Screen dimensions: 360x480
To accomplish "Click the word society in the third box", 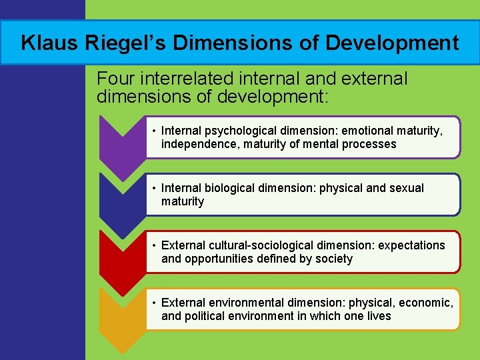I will pyautogui.click(x=333, y=259).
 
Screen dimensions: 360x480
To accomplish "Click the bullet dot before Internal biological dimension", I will pyautogui.click(x=153, y=189).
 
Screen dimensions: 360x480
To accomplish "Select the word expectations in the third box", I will pyautogui.click(x=411, y=245).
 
